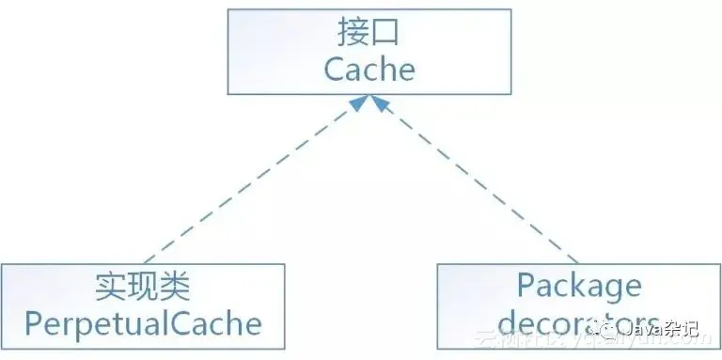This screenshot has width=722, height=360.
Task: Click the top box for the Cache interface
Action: click(x=369, y=52)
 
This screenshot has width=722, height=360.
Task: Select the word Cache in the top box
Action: click(x=369, y=69)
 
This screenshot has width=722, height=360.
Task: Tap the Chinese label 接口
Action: click(x=369, y=34)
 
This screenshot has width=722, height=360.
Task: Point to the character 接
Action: click(x=353, y=34)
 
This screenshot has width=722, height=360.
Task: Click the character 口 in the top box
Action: click(x=385, y=34)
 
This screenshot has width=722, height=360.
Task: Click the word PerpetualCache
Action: click(x=142, y=323)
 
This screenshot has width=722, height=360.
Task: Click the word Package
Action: click(x=579, y=286)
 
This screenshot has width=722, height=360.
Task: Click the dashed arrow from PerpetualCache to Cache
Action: click(x=248, y=182)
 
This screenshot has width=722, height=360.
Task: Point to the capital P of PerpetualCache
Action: click(x=32, y=323)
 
